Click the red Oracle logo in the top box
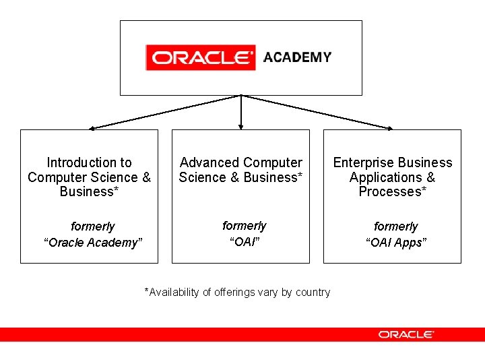[x=200, y=57]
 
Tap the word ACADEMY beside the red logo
[x=297, y=57]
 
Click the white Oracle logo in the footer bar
[x=406, y=334]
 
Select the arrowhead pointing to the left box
[x=93, y=127]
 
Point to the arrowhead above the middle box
[x=241, y=125]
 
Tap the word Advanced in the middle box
[x=209, y=162]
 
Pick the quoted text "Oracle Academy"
[x=93, y=243]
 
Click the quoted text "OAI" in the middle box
[x=244, y=241]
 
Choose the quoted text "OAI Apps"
[x=396, y=243]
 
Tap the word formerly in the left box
[x=93, y=226]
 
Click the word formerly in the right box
[x=396, y=226]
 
